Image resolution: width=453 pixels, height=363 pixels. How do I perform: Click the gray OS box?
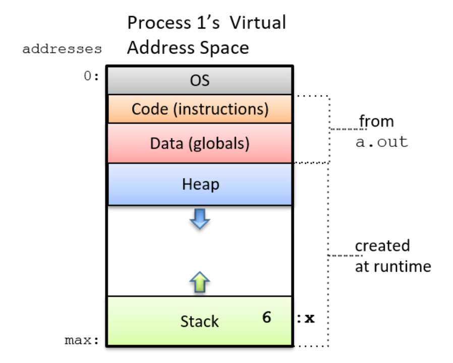pos(199,80)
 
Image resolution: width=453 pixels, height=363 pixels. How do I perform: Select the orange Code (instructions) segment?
pos(199,109)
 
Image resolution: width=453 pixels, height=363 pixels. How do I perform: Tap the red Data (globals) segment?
pos(199,144)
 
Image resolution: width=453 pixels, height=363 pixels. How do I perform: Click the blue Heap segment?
pos(199,184)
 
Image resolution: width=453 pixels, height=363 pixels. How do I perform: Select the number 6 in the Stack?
pos(266,317)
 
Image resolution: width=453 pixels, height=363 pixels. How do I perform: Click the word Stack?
pos(199,321)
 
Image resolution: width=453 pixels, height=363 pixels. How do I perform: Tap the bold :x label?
pos(306,319)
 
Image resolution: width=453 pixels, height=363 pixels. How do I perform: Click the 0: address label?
pos(91,77)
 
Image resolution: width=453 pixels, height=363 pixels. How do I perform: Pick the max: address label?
pos(82,340)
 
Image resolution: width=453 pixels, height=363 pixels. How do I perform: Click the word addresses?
pos(62,49)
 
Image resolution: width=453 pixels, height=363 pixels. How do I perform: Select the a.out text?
pos(381,142)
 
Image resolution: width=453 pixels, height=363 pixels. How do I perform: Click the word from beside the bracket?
pos(376,122)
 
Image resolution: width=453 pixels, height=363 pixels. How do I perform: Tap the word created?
pos(382,246)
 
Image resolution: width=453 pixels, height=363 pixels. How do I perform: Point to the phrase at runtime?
pos(392,266)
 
